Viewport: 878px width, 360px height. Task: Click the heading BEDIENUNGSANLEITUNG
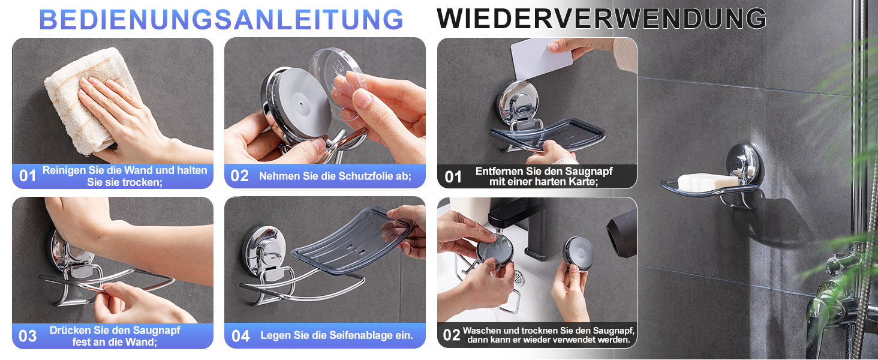[221, 19]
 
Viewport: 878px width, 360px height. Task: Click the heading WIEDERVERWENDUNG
[602, 19]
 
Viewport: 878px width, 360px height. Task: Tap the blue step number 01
[28, 176]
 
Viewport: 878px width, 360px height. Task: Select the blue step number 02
[239, 176]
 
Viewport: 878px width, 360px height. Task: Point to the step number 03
[28, 336]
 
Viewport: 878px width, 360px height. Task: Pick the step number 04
[240, 336]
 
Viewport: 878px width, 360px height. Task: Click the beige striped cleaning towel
[88, 100]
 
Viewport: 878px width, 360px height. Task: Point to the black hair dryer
[622, 234]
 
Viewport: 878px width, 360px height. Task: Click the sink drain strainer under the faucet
[519, 278]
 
